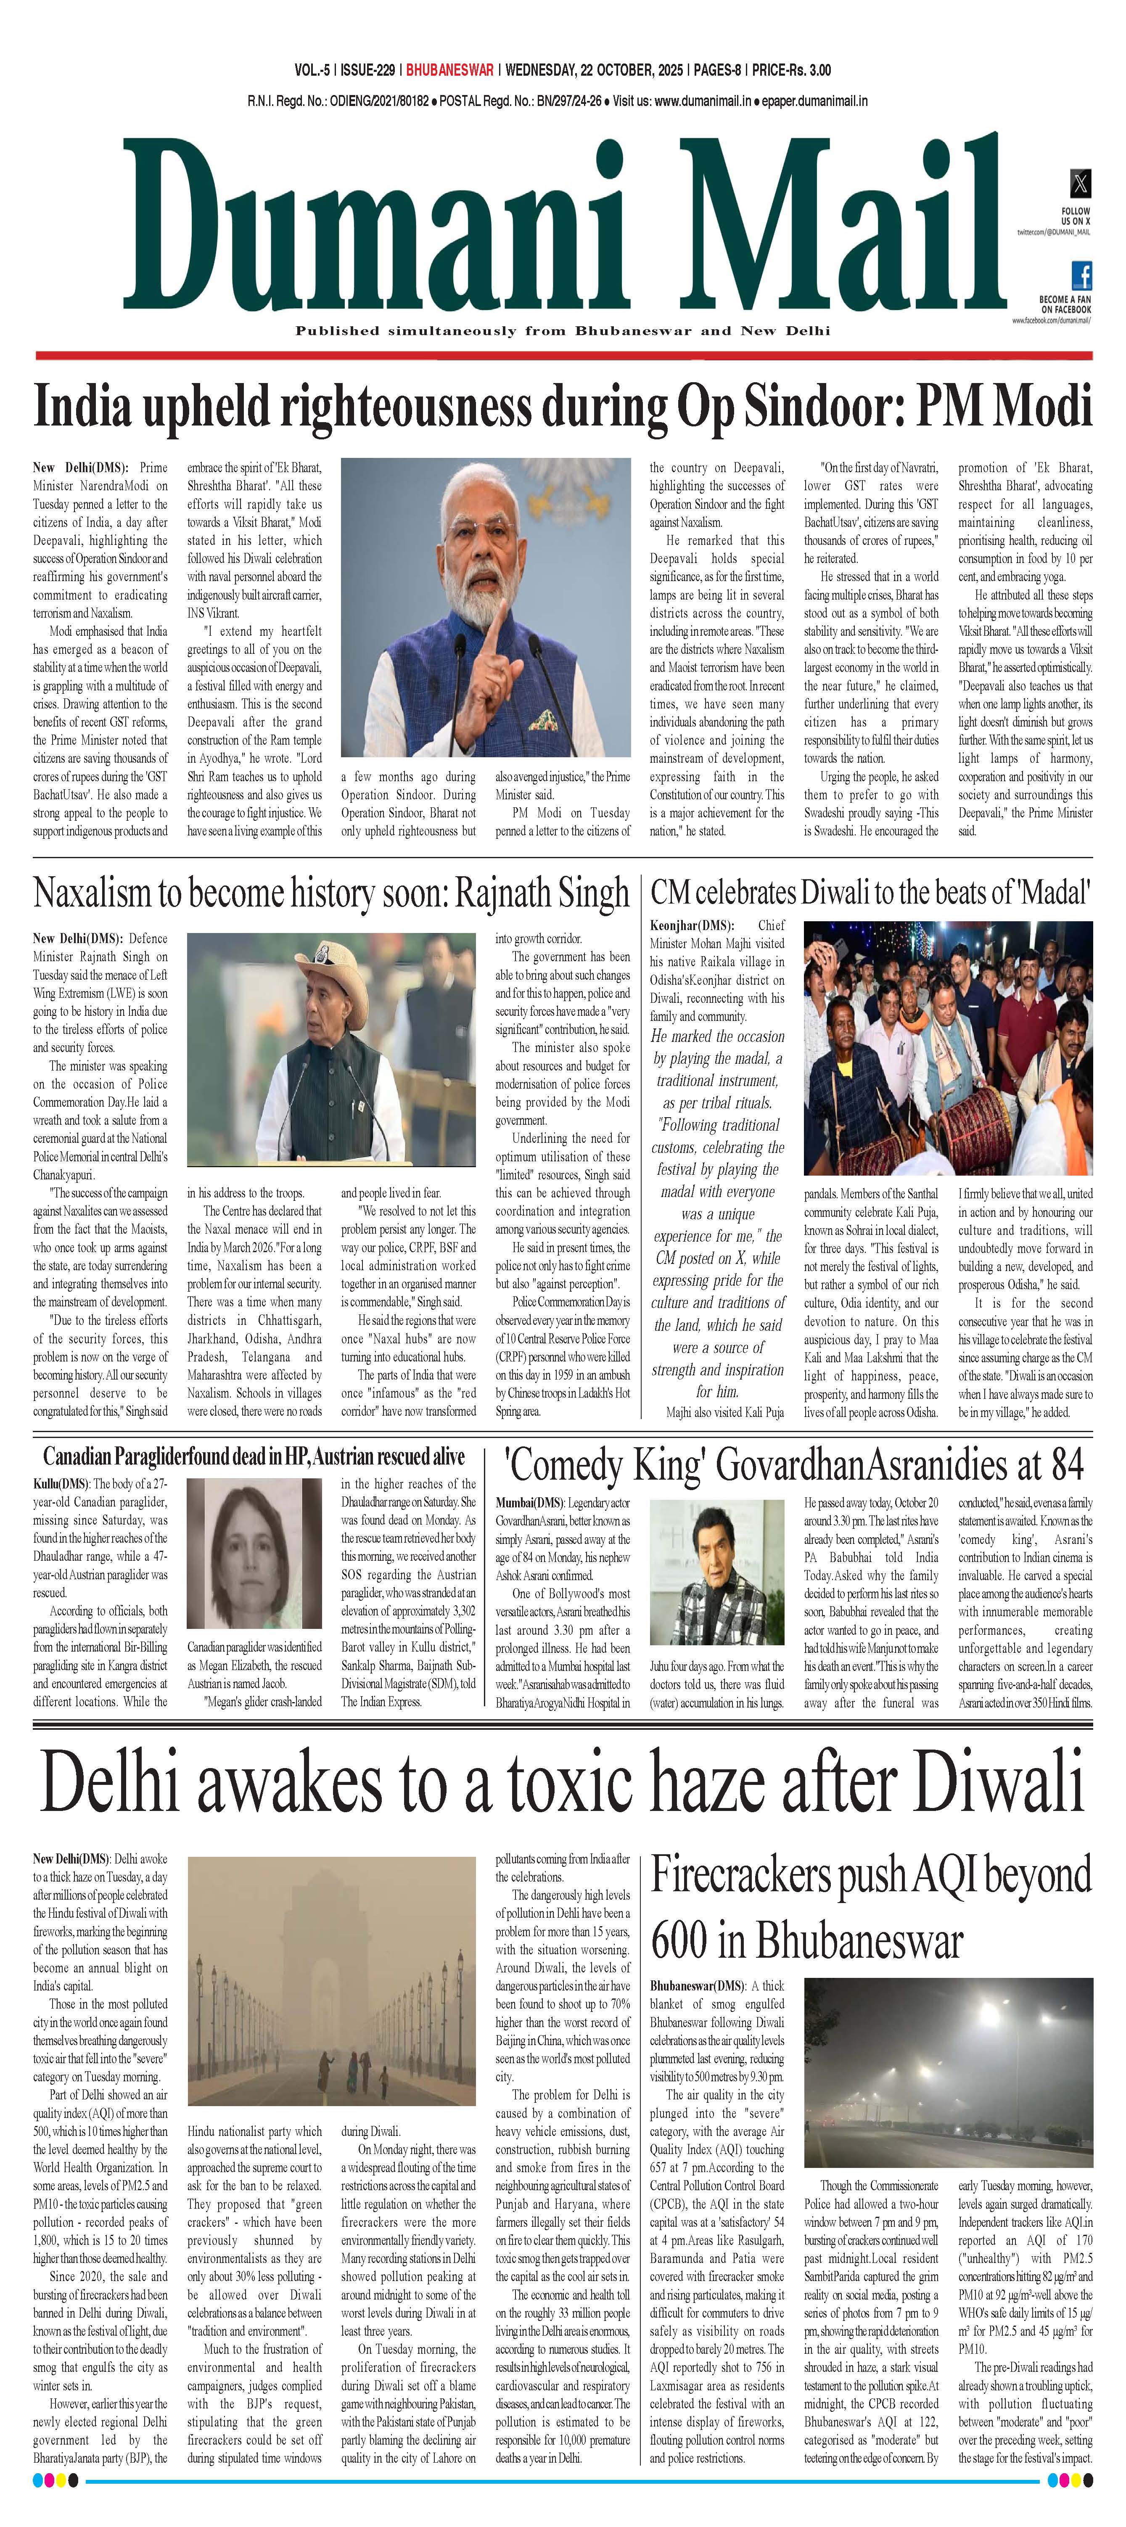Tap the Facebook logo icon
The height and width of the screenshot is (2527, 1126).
[x=1081, y=275]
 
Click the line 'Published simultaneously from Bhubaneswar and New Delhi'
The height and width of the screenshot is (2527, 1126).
[x=562, y=330]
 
